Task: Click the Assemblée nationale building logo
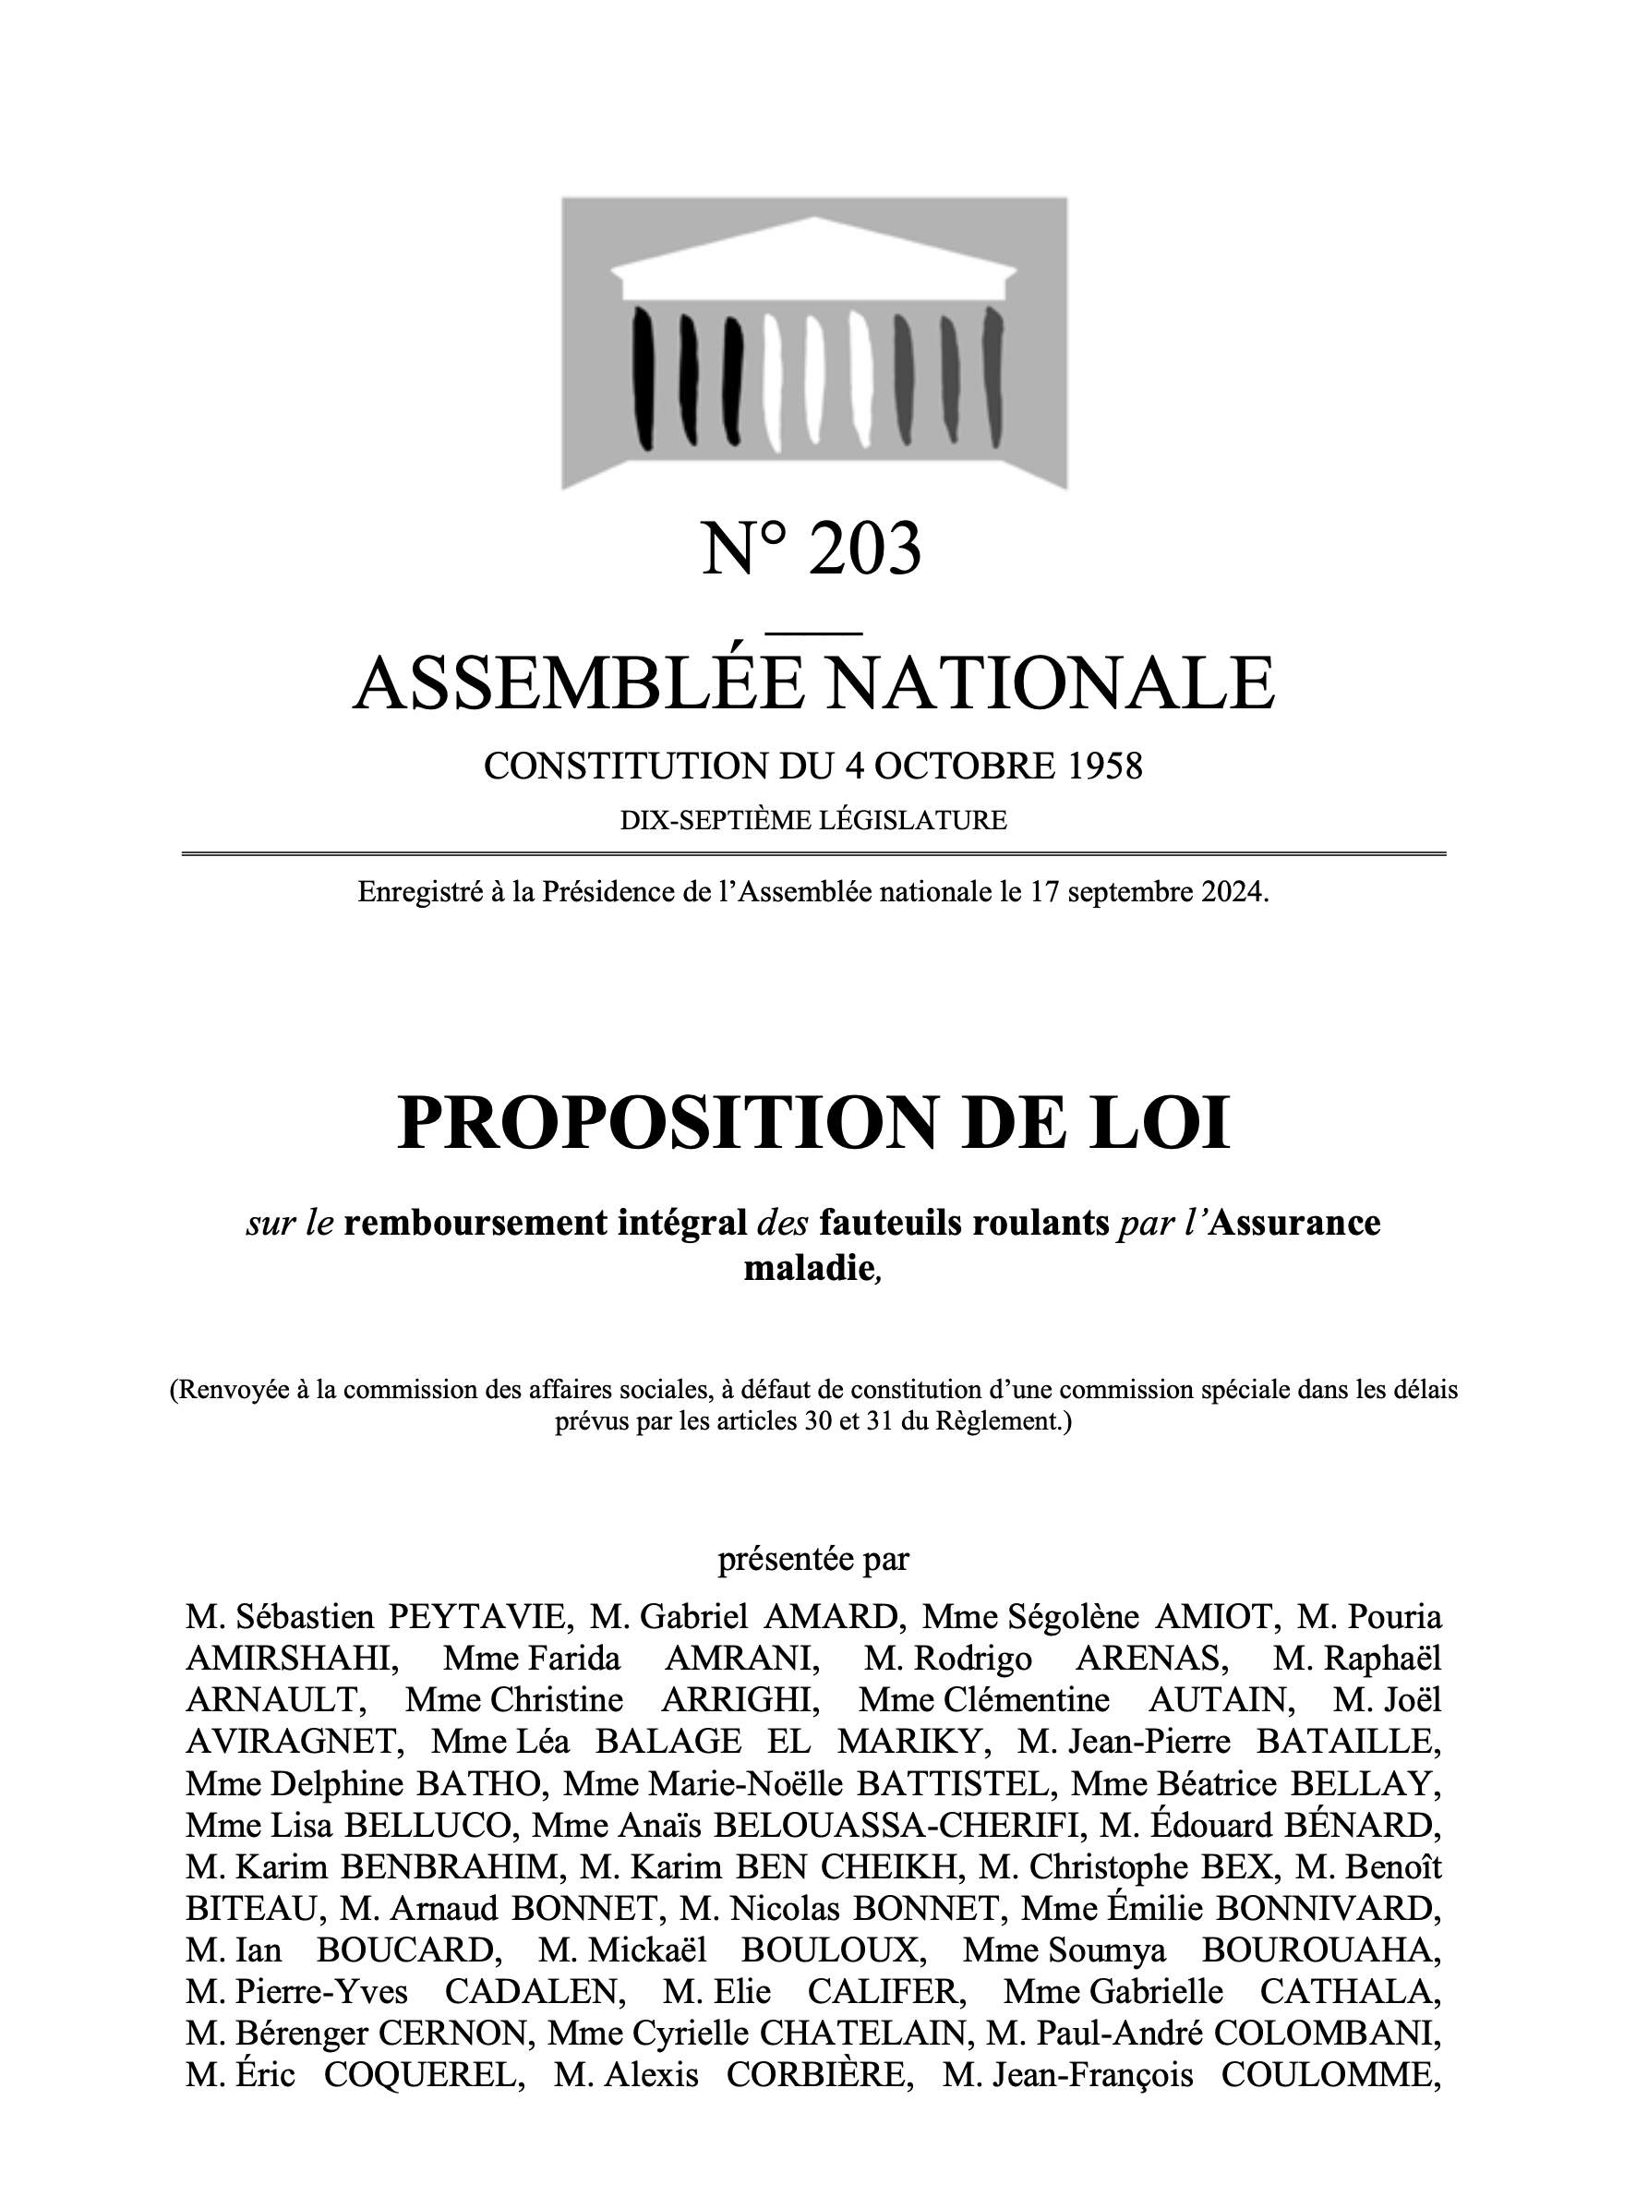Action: [x=814, y=343]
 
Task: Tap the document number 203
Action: [x=864, y=549]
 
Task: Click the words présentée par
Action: [x=813, y=1559]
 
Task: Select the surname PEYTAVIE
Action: [x=480, y=1618]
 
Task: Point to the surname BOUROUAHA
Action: [x=1320, y=1950]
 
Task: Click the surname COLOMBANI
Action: [x=1327, y=2034]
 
